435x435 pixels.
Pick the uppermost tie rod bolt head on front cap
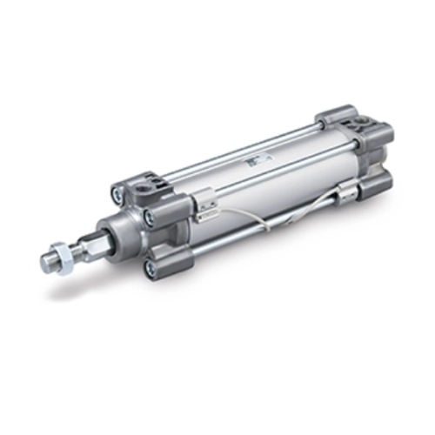click(x=120, y=191)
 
